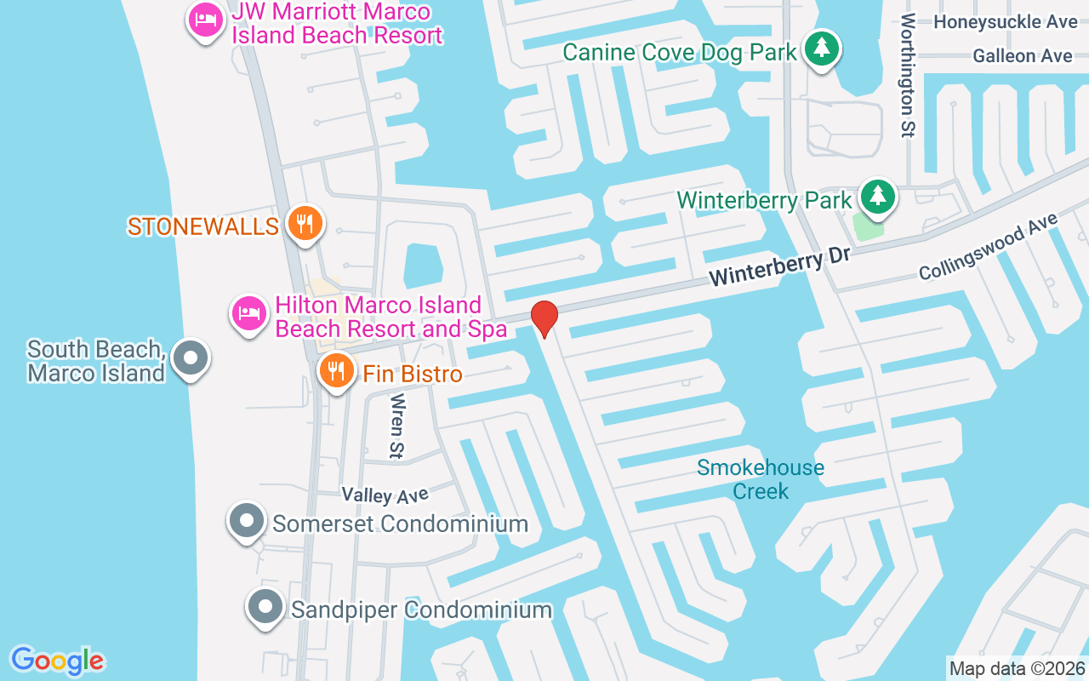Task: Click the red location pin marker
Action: (x=544, y=318)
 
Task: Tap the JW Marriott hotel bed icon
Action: (x=204, y=21)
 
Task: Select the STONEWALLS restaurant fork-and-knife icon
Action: (x=304, y=224)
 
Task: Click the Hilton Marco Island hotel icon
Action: (x=248, y=314)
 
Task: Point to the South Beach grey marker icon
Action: (x=191, y=358)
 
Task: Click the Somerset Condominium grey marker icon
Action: (x=247, y=519)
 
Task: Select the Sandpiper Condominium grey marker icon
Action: (x=265, y=608)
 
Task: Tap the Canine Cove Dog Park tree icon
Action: (x=821, y=49)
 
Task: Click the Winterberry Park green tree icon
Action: (x=876, y=197)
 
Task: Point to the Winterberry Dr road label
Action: (x=769, y=267)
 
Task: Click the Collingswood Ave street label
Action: (x=988, y=247)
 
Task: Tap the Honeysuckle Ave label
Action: (x=1005, y=21)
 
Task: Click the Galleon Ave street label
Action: (x=1022, y=56)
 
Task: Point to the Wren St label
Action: (x=396, y=423)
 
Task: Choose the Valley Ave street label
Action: (x=385, y=494)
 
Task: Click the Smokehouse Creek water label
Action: (x=760, y=478)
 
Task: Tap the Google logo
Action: (x=58, y=661)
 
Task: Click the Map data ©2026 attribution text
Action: (x=1018, y=668)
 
